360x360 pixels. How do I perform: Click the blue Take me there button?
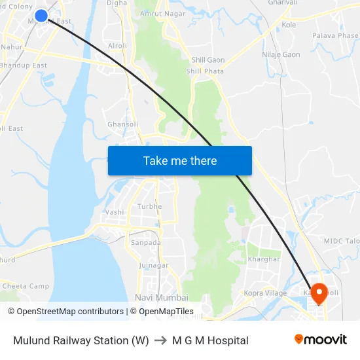[179, 160]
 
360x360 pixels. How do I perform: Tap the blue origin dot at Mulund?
[41, 15]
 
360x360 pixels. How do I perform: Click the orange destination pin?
[319, 293]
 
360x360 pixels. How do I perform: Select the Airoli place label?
[118, 46]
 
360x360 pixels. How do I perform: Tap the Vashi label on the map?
[115, 212]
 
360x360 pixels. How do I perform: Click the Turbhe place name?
[149, 207]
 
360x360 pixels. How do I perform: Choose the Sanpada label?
[145, 242]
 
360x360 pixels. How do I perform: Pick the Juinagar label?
[153, 265]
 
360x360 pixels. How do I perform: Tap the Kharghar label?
[264, 259]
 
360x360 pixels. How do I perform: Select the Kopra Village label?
[265, 293]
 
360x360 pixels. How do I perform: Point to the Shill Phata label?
[205, 71]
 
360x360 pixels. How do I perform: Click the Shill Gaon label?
[209, 60]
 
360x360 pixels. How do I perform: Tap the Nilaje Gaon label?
[281, 54]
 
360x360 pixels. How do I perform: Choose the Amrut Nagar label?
[161, 13]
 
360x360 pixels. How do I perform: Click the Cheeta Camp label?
[26, 286]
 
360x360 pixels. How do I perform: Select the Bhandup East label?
[24, 65]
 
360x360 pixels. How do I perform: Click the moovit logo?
[321, 340]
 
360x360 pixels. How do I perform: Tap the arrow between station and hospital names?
[160, 340]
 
